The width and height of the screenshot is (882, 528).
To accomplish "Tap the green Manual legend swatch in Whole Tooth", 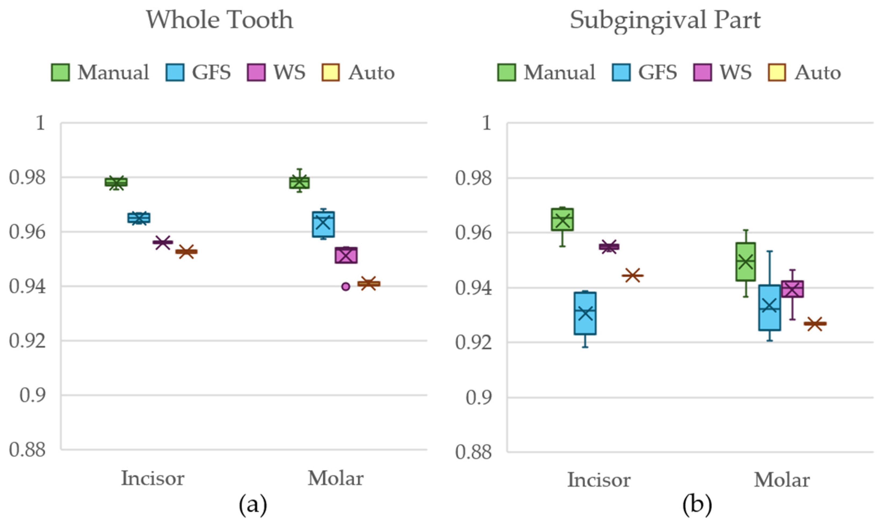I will (60, 73).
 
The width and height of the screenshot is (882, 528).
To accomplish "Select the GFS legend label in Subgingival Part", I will (657, 73).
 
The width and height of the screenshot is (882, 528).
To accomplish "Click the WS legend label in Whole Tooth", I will (289, 73).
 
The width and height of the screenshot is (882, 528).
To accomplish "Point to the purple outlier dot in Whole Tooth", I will (345, 287).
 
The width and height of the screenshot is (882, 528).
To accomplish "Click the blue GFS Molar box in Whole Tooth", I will (323, 224).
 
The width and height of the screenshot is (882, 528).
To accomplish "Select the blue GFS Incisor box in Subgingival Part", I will (585, 313).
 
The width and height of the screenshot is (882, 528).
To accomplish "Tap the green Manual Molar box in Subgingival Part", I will (746, 262).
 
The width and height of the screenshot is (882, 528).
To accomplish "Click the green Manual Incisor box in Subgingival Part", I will (562, 219).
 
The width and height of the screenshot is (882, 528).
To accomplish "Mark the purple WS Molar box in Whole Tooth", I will (346, 255).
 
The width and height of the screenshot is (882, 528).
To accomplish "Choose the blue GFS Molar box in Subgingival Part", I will (769, 307).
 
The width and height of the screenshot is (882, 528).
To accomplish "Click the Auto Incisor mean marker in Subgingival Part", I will (632, 275).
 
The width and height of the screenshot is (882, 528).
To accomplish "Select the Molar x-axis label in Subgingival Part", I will (782, 480).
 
